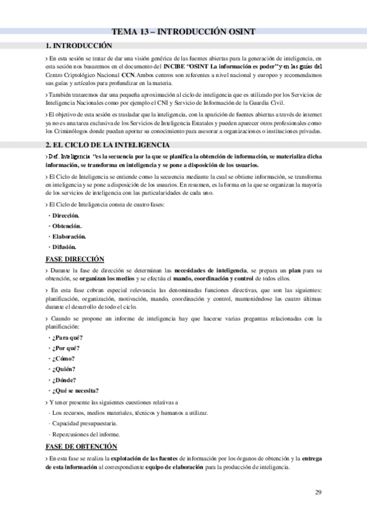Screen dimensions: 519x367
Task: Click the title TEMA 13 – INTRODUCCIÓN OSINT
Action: tap(183, 32)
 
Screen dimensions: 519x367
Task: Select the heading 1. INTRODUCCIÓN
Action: tap(79, 45)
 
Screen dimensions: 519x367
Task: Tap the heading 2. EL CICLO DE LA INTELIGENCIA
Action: tap(108, 144)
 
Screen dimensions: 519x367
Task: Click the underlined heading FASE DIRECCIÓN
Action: tap(75, 259)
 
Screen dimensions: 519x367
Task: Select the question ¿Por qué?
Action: tap(67, 348)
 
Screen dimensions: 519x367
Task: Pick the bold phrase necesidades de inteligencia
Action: tap(210, 270)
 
